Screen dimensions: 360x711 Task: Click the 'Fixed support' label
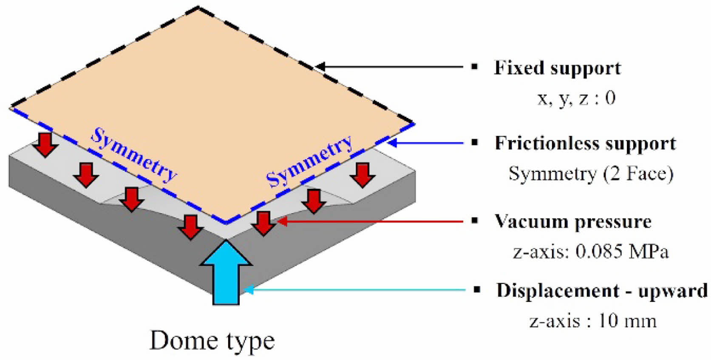click(x=557, y=68)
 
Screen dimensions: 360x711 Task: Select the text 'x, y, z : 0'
click(x=576, y=98)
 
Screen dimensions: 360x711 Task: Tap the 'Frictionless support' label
click(x=585, y=144)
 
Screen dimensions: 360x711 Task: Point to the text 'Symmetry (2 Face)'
click(x=591, y=174)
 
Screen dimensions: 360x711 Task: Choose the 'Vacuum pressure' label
click(x=572, y=222)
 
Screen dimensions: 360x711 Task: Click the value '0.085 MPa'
click(x=622, y=252)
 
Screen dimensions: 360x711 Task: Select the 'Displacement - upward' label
click(x=602, y=291)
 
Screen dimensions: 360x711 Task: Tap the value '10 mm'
click(x=627, y=320)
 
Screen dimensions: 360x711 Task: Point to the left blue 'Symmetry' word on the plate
click(x=134, y=155)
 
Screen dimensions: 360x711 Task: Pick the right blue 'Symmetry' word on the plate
click(x=310, y=161)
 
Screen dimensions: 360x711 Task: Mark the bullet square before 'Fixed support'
click(x=475, y=67)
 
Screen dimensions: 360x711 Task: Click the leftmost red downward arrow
click(x=45, y=144)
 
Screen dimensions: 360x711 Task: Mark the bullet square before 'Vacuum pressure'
click(x=475, y=221)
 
